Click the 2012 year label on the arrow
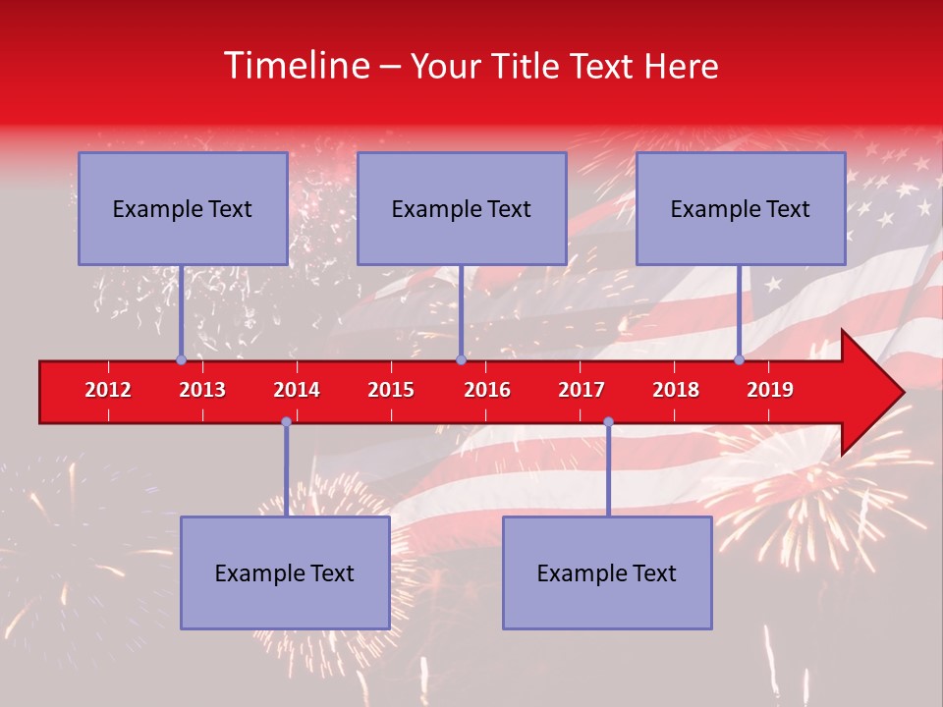point(108,390)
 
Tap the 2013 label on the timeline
point(202,390)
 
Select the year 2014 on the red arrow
point(297,390)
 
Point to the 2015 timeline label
point(391,390)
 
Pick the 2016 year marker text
point(487,390)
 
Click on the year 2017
point(582,390)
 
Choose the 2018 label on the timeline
point(676,390)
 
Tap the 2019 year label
point(770,390)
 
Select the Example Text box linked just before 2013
point(183,208)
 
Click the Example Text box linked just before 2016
point(462,208)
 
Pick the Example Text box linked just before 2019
point(741,208)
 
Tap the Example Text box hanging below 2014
point(285,572)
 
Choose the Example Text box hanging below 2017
point(607,572)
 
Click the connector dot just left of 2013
point(181,360)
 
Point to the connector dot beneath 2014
point(286,422)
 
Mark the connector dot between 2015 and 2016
point(461,360)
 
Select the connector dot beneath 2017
point(608,422)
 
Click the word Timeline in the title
point(295,66)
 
